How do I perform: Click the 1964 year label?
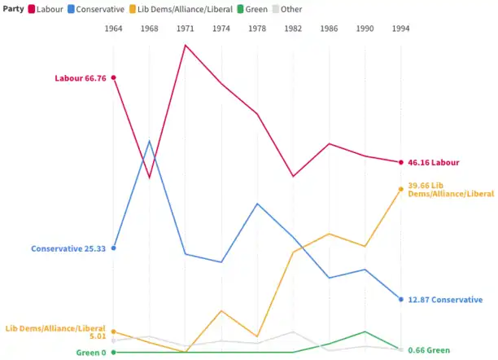(x=113, y=29)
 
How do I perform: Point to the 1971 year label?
(x=186, y=29)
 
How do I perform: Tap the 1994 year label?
(x=400, y=29)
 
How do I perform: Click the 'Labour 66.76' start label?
(x=80, y=78)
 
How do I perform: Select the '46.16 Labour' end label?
(x=434, y=163)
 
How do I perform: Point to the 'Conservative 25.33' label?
(x=68, y=248)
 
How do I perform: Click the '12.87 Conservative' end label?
(x=445, y=300)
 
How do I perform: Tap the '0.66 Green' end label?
(x=429, y=350)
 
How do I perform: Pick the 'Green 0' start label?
(x=91, y=353)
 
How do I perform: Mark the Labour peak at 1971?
(x=186, y=45)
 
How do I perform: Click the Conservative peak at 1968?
(x=150, y=141)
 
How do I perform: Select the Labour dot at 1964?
(x=113, y=78)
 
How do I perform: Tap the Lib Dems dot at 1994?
(x=400, y=189)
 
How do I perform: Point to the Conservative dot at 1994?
(x=400, y=300)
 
